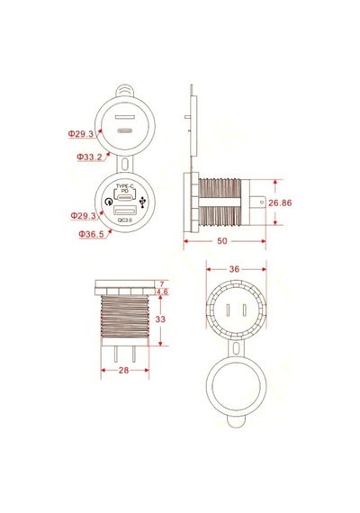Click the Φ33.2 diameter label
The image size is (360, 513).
(x=89, y=157)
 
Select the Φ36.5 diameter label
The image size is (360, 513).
(x=91, y=234)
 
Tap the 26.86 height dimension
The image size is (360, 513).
(x=280, y=202)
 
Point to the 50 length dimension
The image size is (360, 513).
(x=222, y=241)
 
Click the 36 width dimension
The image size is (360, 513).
(x=234, y=269)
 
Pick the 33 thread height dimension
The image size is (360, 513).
(x=160, y=319)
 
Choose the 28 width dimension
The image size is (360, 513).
(x=123, y=371)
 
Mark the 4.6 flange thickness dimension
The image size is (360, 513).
(x=162, y=292)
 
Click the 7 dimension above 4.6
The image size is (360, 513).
(x=162, y=284)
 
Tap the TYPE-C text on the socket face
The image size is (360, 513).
(x=125, y=185)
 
